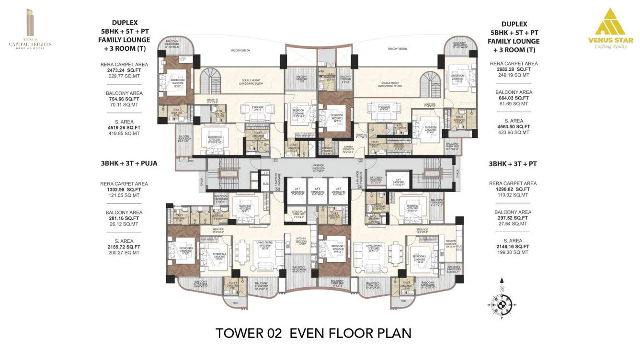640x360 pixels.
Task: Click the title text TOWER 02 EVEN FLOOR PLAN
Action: click(x=313, y=333)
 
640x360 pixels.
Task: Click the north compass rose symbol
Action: click(x=501, y=303)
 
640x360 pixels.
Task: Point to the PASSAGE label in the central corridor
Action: click(x=319, y=166)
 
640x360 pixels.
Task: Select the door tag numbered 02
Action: click(x=359, y=161)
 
